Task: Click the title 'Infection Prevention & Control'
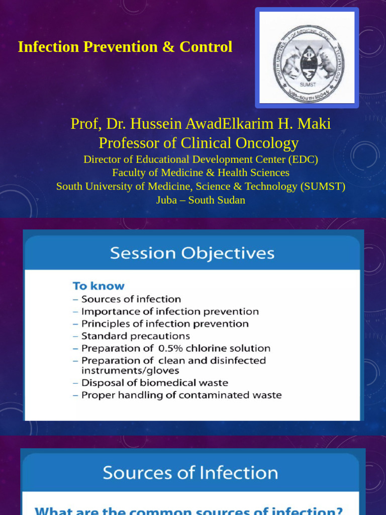[x=125, y=47]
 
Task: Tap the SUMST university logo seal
[x=307, y=58]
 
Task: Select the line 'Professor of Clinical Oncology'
[x=199, y=143]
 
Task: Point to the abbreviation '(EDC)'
[x=303, y=159]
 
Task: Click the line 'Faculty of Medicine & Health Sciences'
[x=201, y=173]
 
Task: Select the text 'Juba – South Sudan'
[x=201, y=200]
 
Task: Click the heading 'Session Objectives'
[x=192, y=252]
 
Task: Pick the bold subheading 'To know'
[x=99, y=286]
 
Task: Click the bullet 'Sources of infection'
[x=131, y=299]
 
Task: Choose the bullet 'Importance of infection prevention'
[x=170, y=312]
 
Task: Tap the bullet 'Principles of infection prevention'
[x=165, y=324]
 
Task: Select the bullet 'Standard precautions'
[x=135, y=336]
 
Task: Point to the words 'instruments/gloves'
[x=130, y=371]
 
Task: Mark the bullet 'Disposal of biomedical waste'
[x=154, y=383]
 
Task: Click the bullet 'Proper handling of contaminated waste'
[x=181, y=395]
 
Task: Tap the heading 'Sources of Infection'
[x=190, y=473]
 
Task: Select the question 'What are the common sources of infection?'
[x=188, y=510]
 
